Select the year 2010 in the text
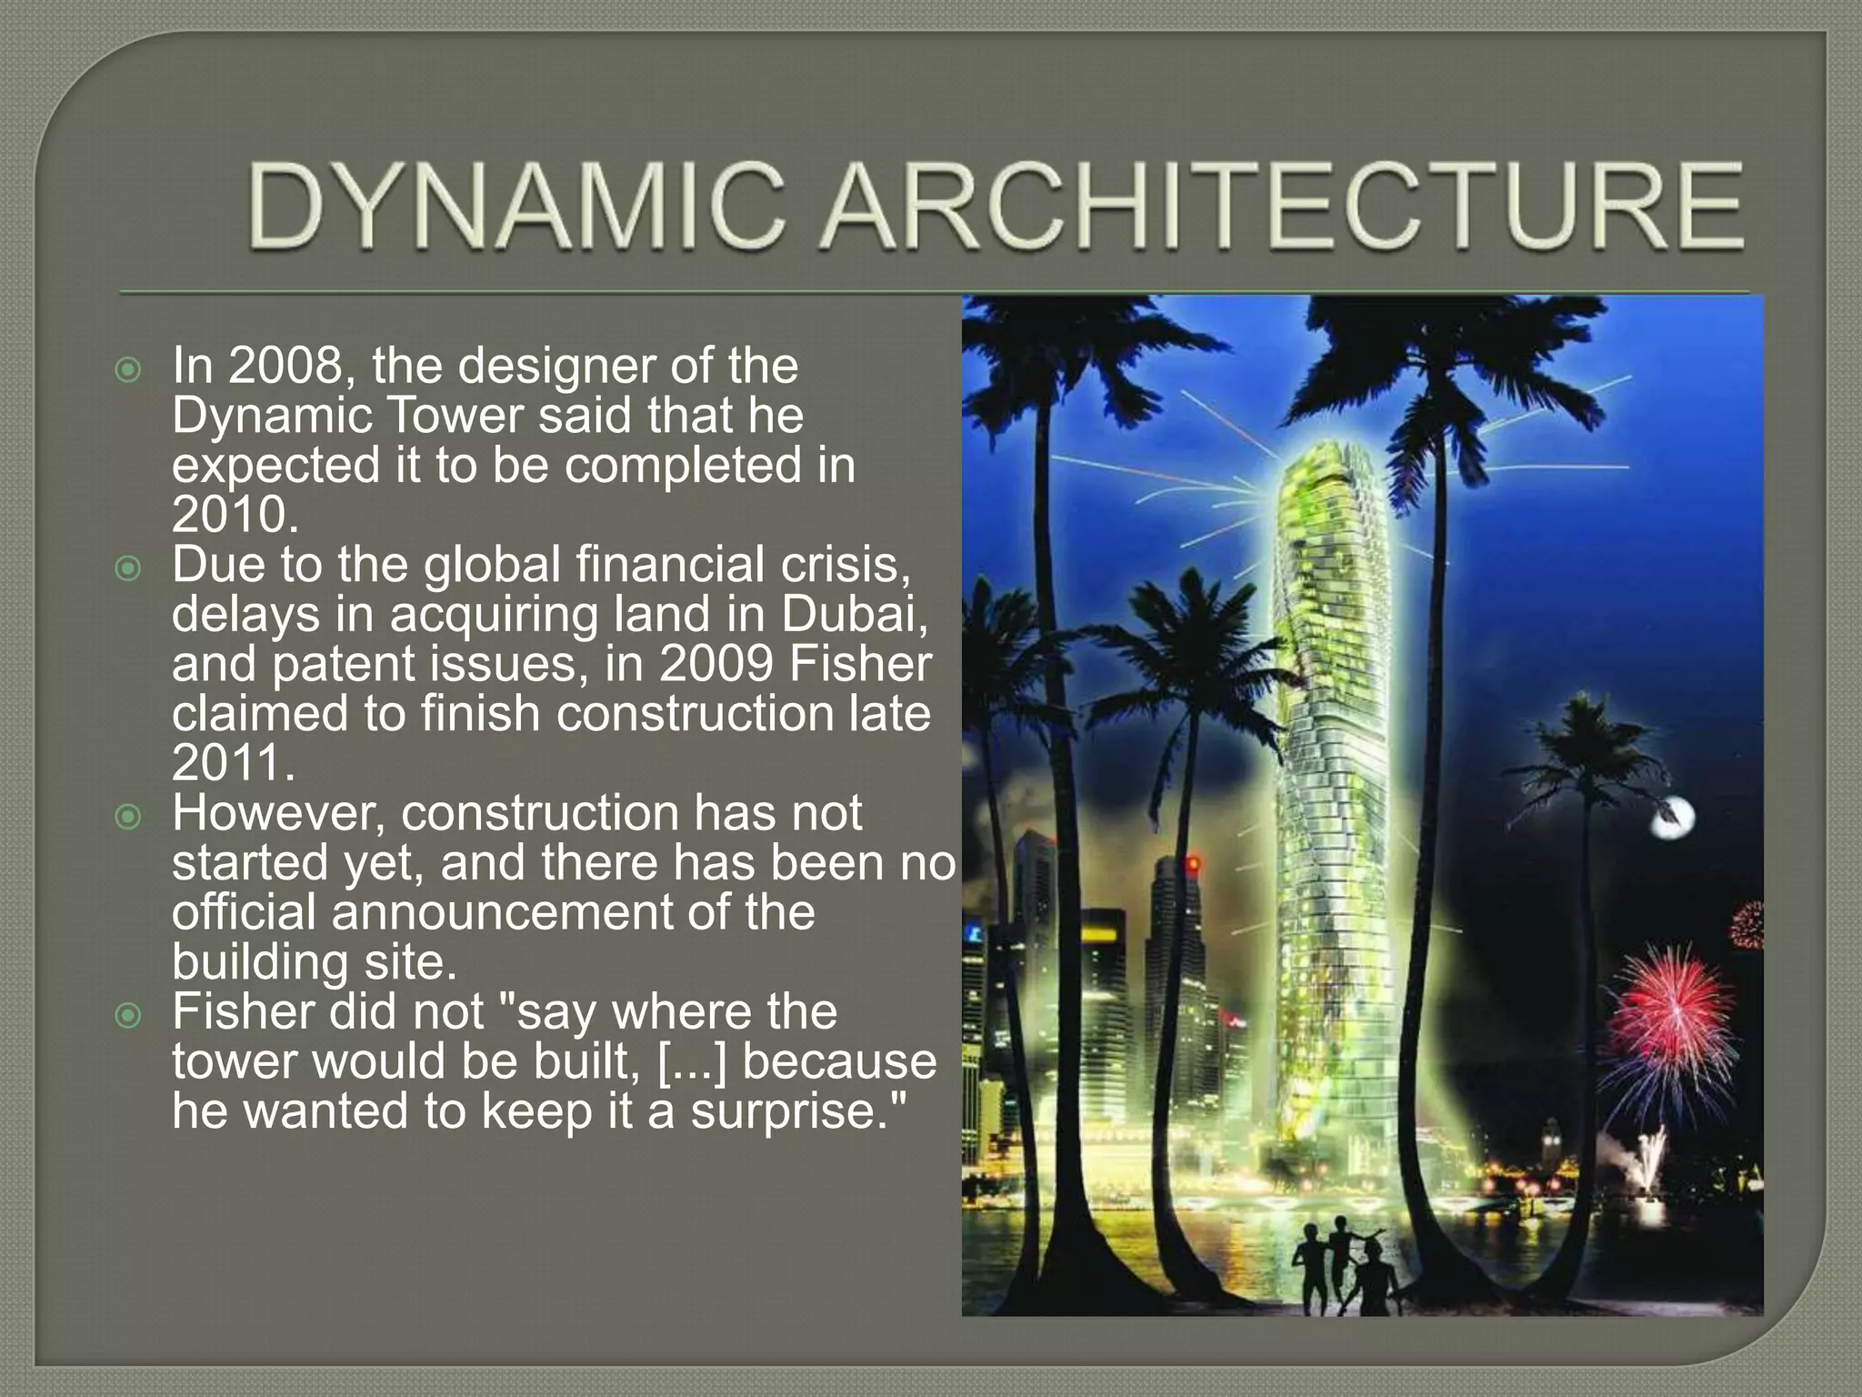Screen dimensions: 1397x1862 point(235,515)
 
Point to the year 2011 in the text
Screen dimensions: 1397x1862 point(233,762)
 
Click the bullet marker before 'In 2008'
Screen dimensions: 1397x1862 point(129,370)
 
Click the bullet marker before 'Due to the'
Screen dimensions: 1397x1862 point(129,568)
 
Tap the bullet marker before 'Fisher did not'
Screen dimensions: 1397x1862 point(129,1015)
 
